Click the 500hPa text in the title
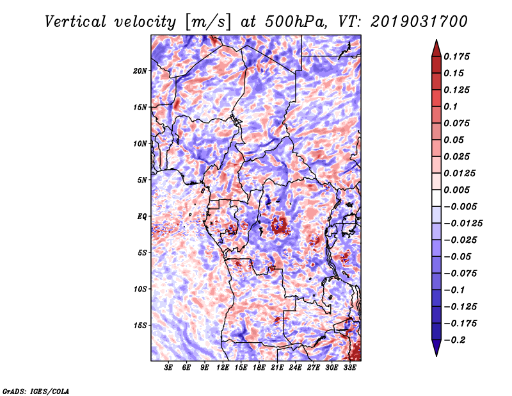click(x=295, y=22)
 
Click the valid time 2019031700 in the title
click(x=419, y=22)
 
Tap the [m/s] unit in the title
click(x=208, y=22)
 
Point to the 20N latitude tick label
click(x=140, y=71)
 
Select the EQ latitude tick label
click(x=141, y=217)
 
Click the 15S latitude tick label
click(x=140, y=326)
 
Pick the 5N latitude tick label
click(x=142, y=180)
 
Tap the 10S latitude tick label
click(x=140, y=289)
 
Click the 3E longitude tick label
click(x=168, y=368)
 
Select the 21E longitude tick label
click(x=277, y=368)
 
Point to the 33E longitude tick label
click(x=349, y=368)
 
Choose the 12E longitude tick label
click(x=223, y=368)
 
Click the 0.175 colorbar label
click(x=456, y=56)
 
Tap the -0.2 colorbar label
click(x=454, y=340)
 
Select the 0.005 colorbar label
click(x=456, y=190)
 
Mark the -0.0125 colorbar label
click(x=463, y=224)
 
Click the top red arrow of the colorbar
click(x=436, y=48)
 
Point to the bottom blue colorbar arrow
click(x=436, y=348)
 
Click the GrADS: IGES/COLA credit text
click(x=36, y=391)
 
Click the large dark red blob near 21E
click(x=278, y=226)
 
